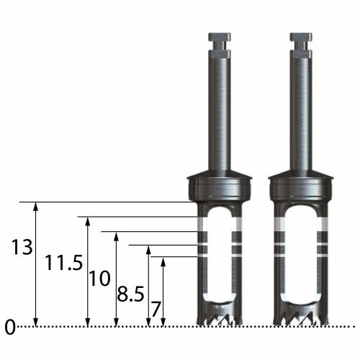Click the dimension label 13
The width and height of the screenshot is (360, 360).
click(22, 247)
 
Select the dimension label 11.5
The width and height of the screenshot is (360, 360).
click(64, 263)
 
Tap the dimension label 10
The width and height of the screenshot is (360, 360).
click(99, 279)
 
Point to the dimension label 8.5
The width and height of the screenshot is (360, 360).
click(130, 294)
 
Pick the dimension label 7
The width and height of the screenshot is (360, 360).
click(156, 310)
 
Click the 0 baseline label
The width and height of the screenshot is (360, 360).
click(10, 328)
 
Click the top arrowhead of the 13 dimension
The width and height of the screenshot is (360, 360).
click(35, 207)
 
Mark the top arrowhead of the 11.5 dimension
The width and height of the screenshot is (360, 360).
click(88, 221)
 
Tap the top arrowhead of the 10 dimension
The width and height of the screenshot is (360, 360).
click(116, 236)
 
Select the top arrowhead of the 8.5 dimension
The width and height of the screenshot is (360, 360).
click(148, 250)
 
